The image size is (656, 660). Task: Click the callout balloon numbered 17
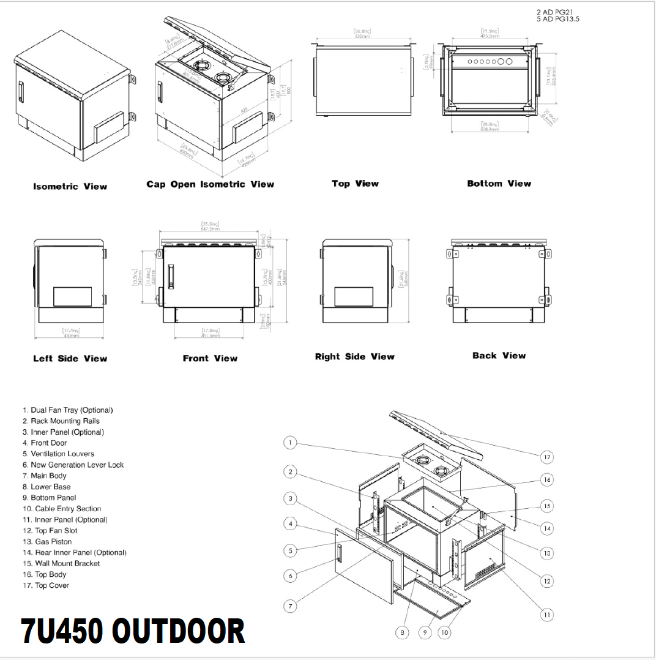pyautogui.click(x=547, y=457)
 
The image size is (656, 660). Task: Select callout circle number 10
pyautogui.click(x=444, y=632)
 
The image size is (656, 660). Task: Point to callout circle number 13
pyautogui.click(x=547, y=553)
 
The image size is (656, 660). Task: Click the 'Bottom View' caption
pyautogui.click(x=499, y=184)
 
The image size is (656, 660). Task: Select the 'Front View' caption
pyautogui.click(x=210, y=358)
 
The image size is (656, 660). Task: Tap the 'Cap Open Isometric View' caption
pyautogui.click(x=210, y=184)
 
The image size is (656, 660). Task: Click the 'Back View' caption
pyautogui.click(x=499, y=356)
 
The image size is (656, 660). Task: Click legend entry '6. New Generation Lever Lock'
pyautogui.click(x=73, y=465)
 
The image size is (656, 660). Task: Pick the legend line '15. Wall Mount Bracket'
pyautogui.click(x=61, y=563)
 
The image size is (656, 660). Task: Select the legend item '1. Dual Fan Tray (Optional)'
pyautogui.click(x=67, y=410)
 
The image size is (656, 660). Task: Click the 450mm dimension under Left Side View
pyautogui.click(x=72, y=336)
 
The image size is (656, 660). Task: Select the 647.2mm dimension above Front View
pyautogui.click(x=210, y=228)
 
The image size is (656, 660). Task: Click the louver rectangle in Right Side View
pyautogui.click(x=354, y=297)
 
